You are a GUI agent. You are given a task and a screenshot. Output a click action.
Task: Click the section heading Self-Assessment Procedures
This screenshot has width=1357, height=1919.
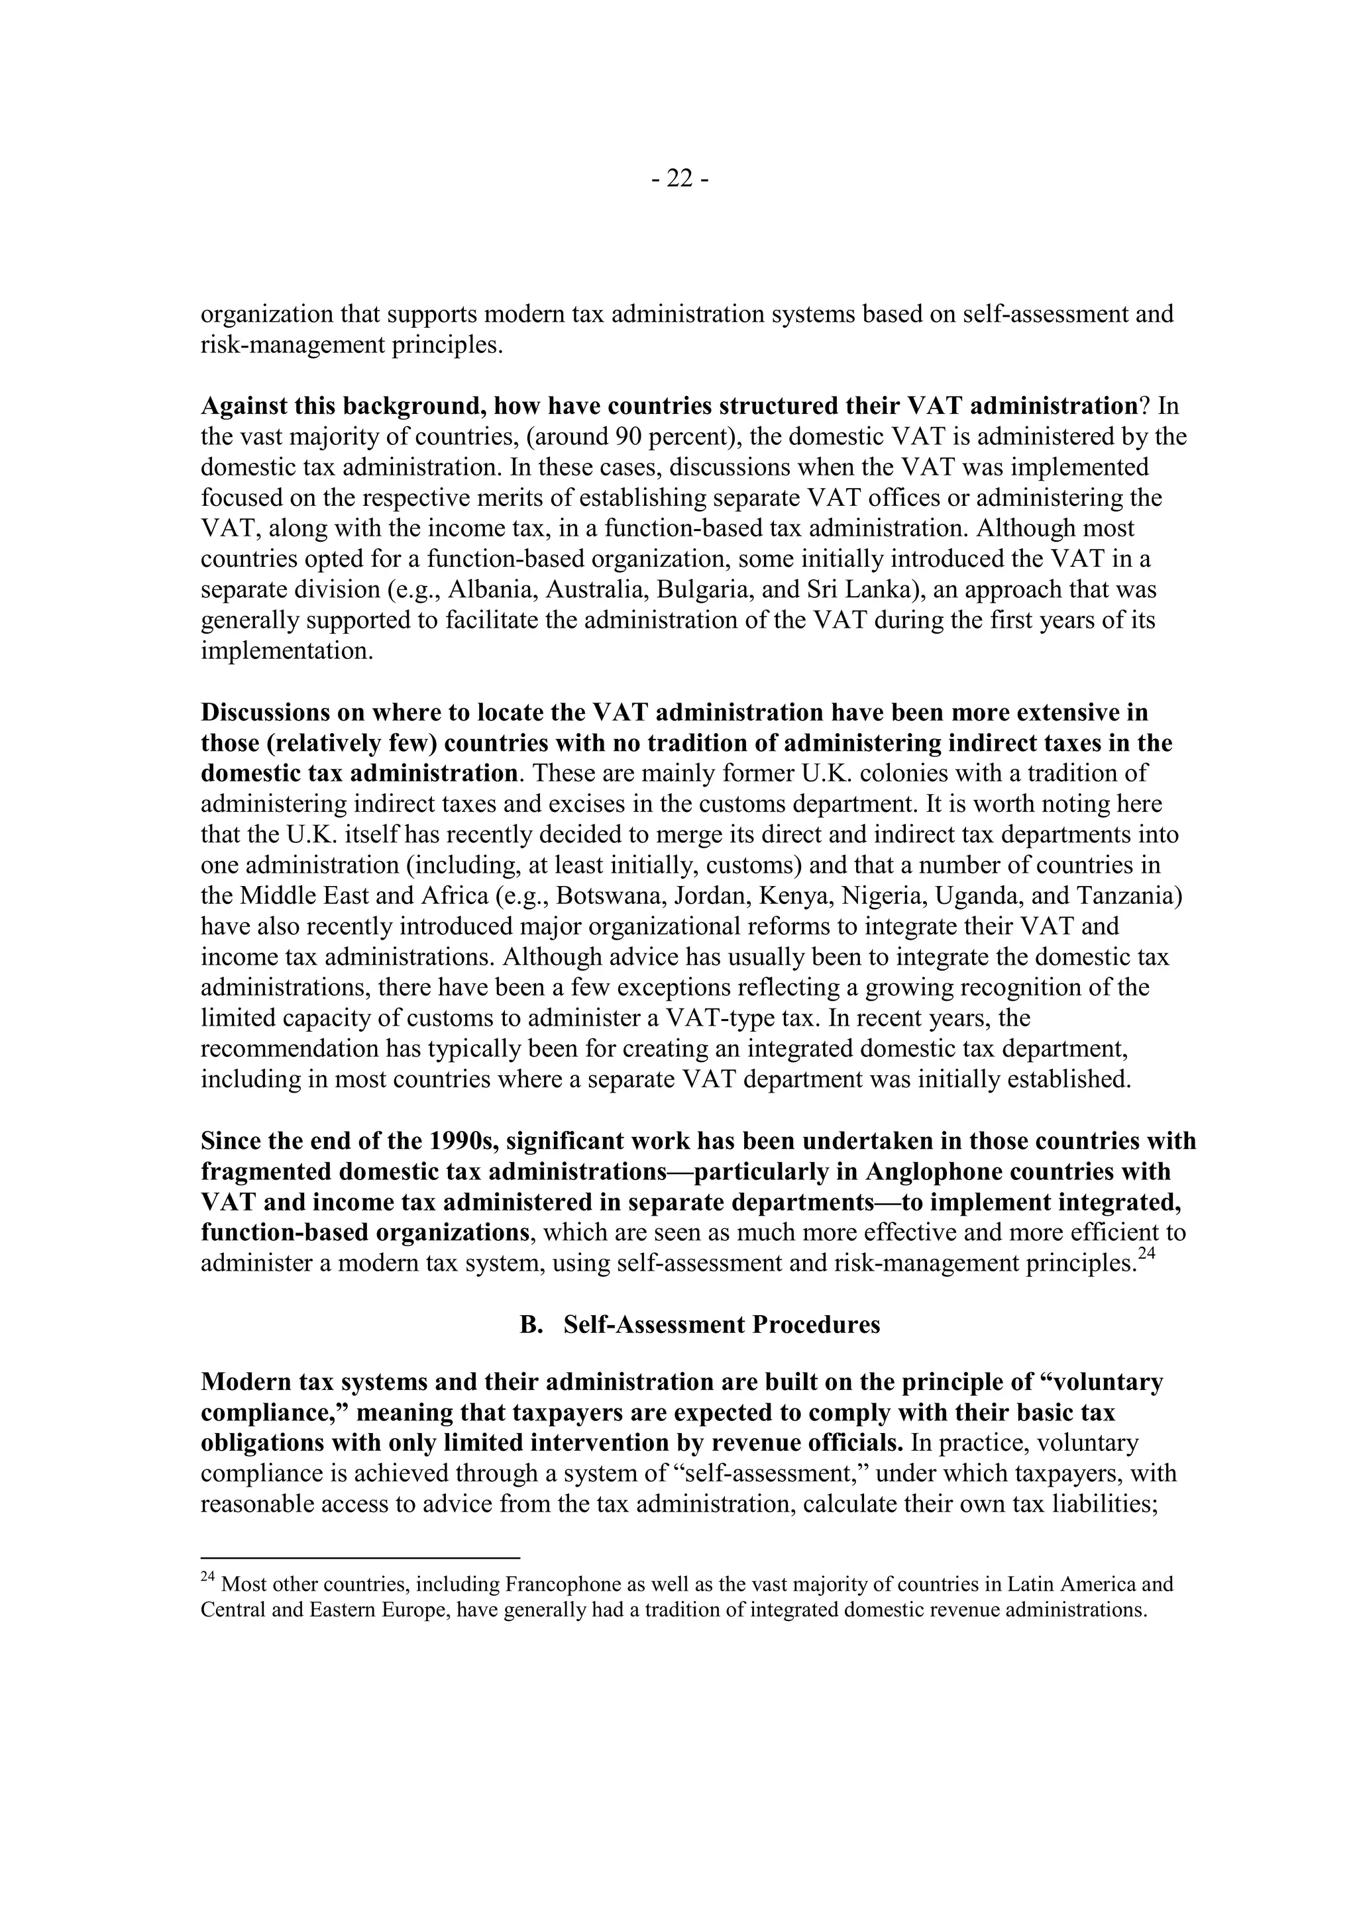tap(722, 1325)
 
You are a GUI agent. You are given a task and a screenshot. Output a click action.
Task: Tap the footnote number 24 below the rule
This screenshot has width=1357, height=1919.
tap(208, 1577)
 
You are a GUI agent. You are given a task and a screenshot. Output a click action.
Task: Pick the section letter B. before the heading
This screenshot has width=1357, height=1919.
tap(530, 1325)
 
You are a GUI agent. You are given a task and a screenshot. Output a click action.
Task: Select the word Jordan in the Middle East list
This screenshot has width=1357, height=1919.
tap(725, 896)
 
